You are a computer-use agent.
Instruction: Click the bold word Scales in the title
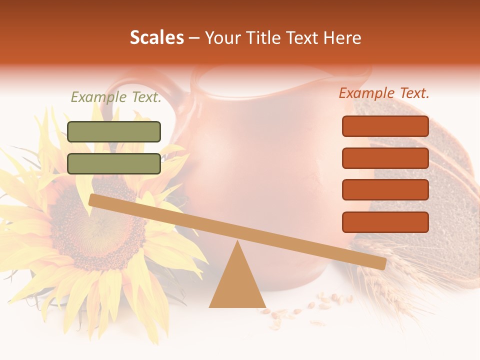pyautogui.click(x=156, y=38)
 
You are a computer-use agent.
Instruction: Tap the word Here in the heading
pyautogui.click(x=342, y=38)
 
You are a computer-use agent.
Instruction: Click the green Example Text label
pyautogui.click(x=116, y=97)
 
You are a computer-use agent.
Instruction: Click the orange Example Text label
pyautogui.click(x=384, y=93)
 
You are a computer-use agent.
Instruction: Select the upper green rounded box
pyautogui.click(x=114, y=131)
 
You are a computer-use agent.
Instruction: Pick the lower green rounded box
pyautogui.click(x=114, y=163)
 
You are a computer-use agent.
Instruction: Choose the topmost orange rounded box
pyautogui.click(x=385, y=126)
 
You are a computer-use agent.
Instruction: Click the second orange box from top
pyautogui.click(x=385, y=158)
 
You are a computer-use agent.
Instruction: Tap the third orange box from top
pyautogui.click(x=385, y=190)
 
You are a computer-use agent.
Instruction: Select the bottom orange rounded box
pyautogui.click(x=385, y=222)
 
